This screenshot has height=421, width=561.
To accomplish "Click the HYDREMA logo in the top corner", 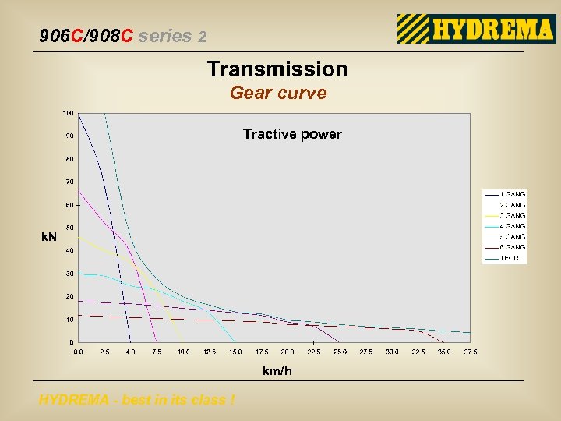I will click(475, 29).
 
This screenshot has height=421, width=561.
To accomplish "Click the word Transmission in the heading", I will click(277, 69).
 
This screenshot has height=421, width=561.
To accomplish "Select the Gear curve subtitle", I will click(278, 94).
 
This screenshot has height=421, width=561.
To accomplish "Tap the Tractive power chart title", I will click(292, 134).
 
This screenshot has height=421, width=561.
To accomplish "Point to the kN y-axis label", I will click(49, 236).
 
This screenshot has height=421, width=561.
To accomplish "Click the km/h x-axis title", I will click(277, 371).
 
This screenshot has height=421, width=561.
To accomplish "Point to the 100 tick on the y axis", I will click(69, 113).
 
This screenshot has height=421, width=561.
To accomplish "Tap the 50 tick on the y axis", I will click(70, 228).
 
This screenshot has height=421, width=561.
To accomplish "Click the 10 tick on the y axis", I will click(70, 320).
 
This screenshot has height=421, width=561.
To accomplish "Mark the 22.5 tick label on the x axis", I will click(314, 352).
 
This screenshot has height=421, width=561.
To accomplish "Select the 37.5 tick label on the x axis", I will click(470, 352).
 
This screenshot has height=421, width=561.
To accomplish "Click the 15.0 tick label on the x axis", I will click(235, 352).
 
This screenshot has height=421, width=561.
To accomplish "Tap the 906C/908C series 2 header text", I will click(123, 36).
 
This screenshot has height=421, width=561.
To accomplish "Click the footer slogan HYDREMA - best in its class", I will click(137, 400).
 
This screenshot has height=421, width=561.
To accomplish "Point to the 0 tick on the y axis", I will click(72, 342).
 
